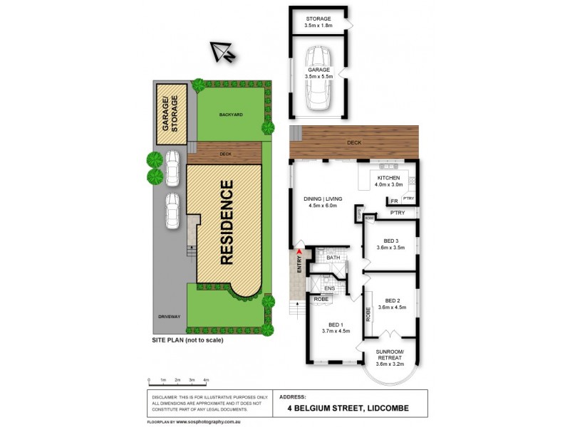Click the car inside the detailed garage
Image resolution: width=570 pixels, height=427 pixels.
pyautogui.click(x=318, y=80)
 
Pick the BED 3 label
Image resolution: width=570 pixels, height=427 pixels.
pyautogui.click(x=390, y=243)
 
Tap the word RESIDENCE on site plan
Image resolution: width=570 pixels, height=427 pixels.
pyautogui.click(x=227, y=223)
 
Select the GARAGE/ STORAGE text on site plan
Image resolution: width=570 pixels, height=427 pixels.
pyautogui.click(x=171, y=112)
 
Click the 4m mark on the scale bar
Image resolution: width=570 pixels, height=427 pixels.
pyautogui.click(x=206, y=381)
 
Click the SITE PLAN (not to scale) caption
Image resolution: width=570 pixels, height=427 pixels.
pyautogui.click(x=187, y=341)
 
